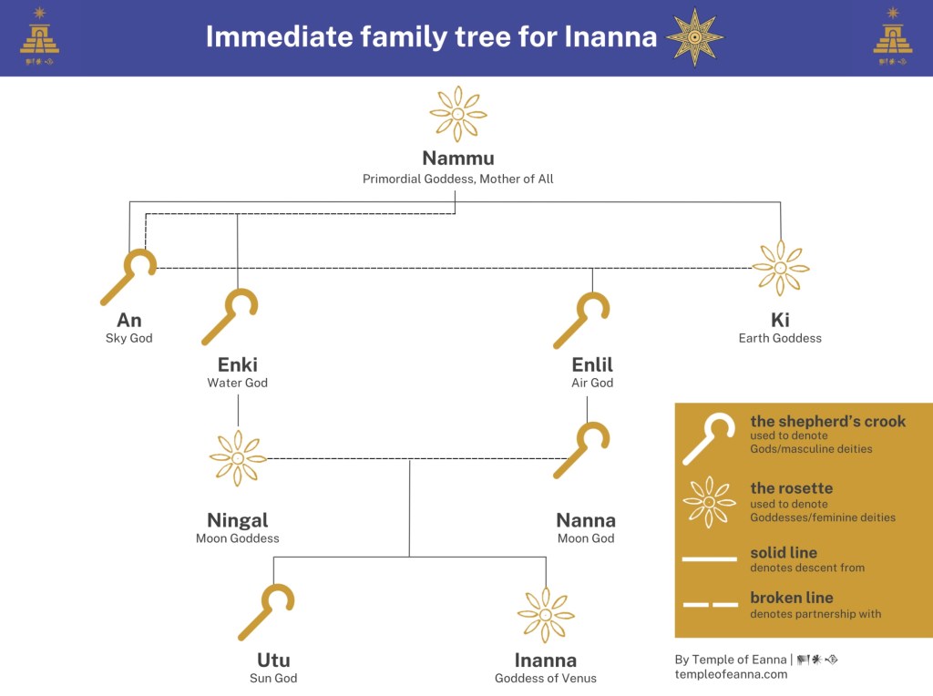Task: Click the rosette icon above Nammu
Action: tap(457, 114)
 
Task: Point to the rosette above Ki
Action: tap(780, 268)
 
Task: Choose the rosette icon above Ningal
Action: tap(238, 457)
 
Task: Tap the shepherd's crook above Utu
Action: tap(266, 612)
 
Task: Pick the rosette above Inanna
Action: tap(545, 615)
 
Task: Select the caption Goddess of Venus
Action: tap(545, 678)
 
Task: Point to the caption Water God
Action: tap(237, 383)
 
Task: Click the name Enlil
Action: tap(592, 364)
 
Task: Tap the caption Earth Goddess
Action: tap(780, 338)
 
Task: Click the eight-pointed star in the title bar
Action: tap(694, 37)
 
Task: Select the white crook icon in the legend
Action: tap(709, 438)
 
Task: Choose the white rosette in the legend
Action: tap(709, 502)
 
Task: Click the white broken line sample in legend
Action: tap(709, 605)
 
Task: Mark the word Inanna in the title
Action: tap(610, 36)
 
